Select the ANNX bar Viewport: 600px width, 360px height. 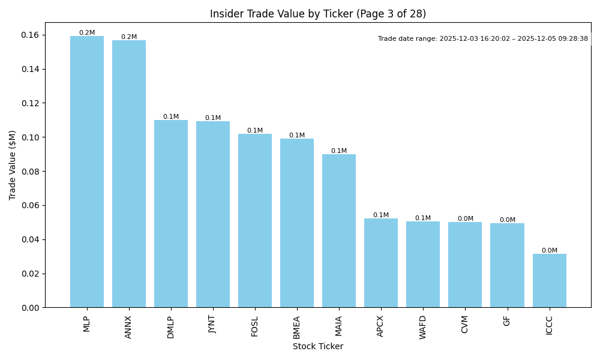coord(129,174)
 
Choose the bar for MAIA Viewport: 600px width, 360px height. coord(339,231)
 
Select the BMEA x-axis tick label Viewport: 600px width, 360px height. coord(297,327)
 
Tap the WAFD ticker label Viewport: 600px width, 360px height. coord(423,327)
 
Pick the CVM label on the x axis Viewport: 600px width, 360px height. coord(465,325)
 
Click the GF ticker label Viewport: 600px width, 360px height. coord(507,321)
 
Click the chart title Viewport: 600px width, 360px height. coord(318,14)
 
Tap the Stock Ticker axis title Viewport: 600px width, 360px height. coord(318,347)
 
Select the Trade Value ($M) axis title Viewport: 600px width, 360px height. coord(13,165)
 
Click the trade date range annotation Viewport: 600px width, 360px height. coord(483,39)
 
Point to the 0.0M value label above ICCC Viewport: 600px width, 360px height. coord(549,251)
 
